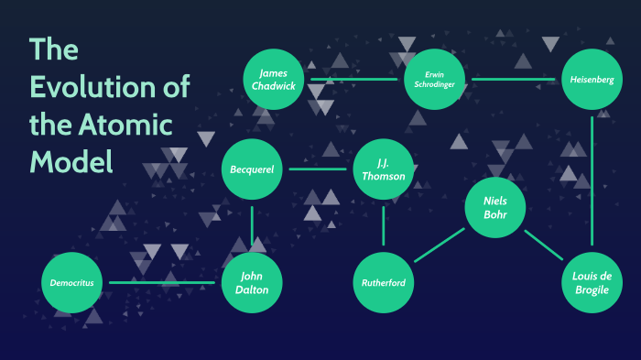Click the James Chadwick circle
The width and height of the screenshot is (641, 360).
coord(274,80)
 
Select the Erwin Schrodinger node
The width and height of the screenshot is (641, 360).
coord(434,80)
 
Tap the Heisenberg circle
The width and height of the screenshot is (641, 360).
coord(592,80)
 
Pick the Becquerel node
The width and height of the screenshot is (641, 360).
coord(252,169)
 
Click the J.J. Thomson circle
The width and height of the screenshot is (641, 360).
coord(384,169)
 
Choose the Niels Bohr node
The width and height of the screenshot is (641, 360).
coord(494,206)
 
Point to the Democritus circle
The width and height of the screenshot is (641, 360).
coord(72,282)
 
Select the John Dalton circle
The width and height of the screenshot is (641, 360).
coord(252,282)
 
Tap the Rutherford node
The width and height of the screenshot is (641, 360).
coord(384,282)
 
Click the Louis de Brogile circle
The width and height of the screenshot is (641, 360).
coord(592,282)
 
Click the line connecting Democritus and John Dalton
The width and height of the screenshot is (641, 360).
coord(162,282)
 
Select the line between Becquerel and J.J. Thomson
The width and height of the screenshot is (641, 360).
coord(317,169)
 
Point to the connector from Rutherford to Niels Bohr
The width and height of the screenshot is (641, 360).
coord(439,245)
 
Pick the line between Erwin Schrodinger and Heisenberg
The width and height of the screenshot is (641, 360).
coord(513,80)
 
